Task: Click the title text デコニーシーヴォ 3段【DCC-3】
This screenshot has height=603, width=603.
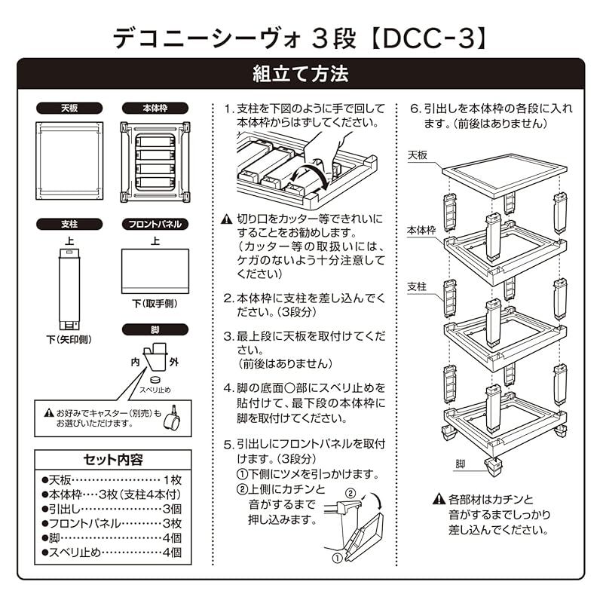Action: coord(301,35)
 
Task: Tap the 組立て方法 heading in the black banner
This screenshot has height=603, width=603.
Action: coord(301,75)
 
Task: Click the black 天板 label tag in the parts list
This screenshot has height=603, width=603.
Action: coord(69,109)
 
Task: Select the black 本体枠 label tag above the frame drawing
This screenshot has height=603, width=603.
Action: coord(155,109)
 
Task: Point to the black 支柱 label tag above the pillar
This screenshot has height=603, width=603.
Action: coord(69,224)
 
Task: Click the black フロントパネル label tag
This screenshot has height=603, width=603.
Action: coord(155,224)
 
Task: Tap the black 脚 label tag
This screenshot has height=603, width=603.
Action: coord(155,329)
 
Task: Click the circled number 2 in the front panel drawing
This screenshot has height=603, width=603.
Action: coord(350,494)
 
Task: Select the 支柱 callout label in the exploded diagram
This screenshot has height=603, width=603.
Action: coord(417,287)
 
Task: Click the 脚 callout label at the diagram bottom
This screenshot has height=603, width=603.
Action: coord(460,464)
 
